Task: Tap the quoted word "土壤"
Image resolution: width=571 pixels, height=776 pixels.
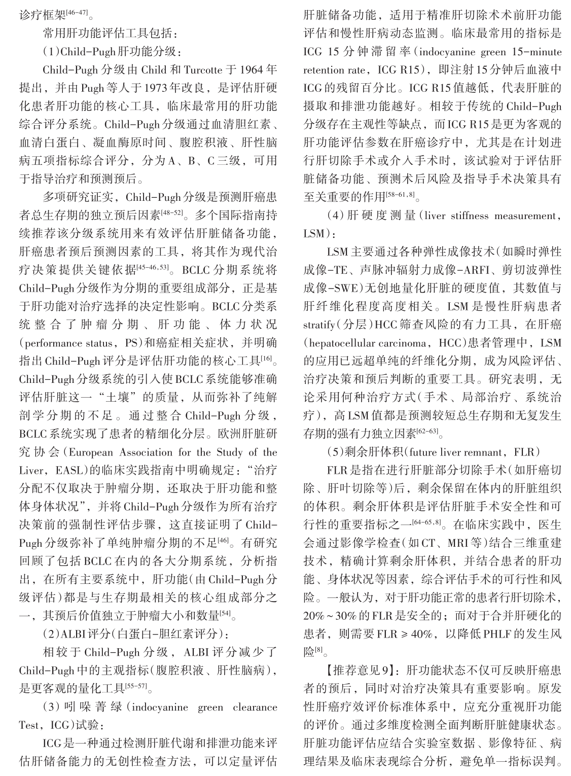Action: [x=119, y=398]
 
